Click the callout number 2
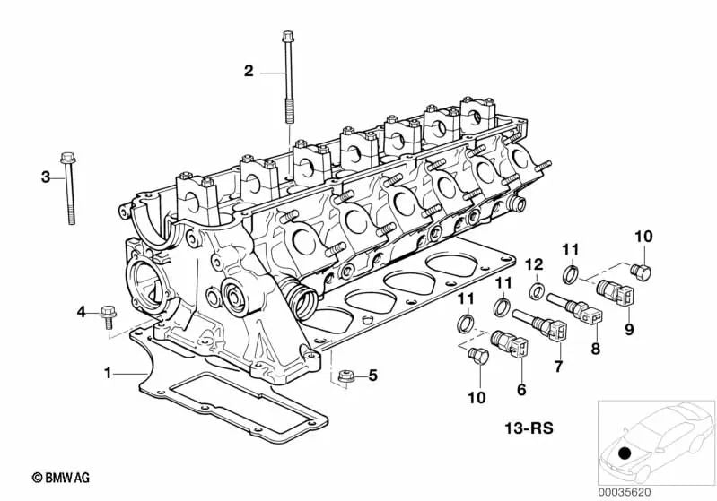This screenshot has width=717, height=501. [x=249, y=71]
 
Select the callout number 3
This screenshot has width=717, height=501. [x=45, y=177]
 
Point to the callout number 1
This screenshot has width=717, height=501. [x=108, y=372]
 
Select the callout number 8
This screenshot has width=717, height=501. [x=593, y=349]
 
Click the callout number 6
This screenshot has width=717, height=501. [x=521, y=390]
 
